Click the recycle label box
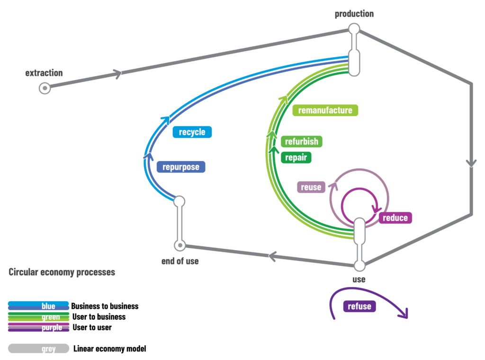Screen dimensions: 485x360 [192, 132]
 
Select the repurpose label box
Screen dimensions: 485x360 [181, 167]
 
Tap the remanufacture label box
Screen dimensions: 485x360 [325, 110]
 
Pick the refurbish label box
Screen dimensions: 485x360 [302, 142]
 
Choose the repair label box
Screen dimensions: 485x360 [296, 157]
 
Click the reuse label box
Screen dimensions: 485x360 [311, 187]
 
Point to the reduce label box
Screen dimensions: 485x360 [395, 218]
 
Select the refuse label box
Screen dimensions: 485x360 [359, 306]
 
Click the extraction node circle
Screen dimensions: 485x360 [45, 88]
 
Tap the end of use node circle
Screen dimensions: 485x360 [180, 245]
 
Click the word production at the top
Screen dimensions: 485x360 [354, 14]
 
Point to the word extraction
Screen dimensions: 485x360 [44, 73]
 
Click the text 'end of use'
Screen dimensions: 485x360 [180, 261]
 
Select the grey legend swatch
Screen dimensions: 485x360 [39, 348]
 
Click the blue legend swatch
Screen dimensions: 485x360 [38, 306]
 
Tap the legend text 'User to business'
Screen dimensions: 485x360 [99, 317]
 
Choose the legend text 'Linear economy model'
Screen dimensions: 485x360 [110, 349]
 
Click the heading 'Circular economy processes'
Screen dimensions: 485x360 [62, 272]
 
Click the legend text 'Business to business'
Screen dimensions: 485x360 [105, 306]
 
